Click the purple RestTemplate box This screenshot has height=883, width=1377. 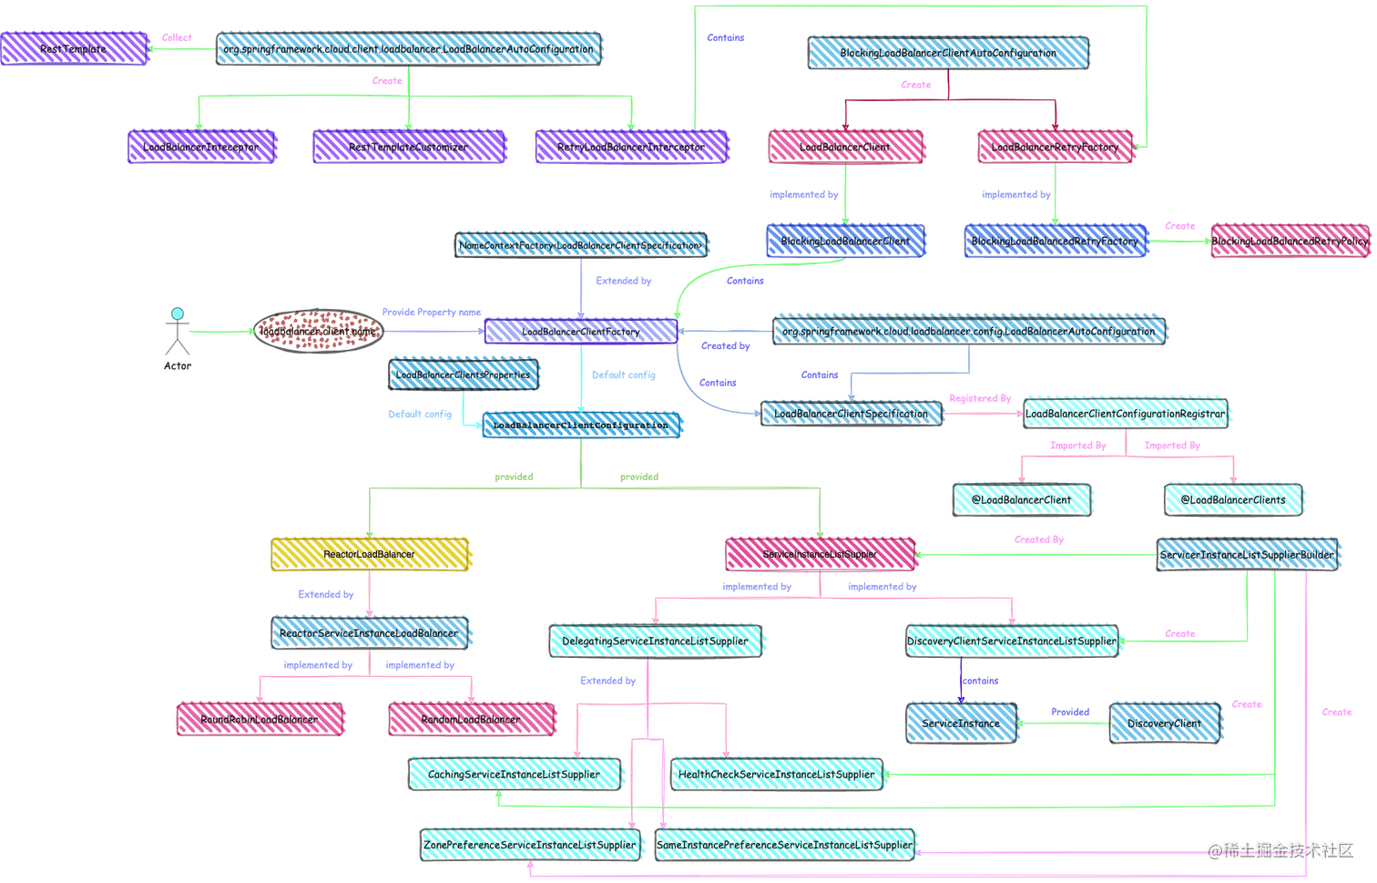(74, 49)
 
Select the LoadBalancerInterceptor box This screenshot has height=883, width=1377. (200, 147)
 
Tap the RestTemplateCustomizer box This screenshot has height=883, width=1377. (408, 147)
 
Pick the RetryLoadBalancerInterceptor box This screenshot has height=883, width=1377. (630, 147)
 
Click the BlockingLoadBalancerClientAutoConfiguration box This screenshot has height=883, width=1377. (948, 53)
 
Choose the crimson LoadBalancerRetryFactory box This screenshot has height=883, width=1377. (1055, 147)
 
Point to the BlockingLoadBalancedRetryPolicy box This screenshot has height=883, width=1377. (1289, 241)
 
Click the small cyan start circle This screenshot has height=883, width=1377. (178, 313)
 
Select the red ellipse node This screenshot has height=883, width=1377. (318, 332)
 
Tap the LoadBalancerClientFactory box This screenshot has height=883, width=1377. (580, 332)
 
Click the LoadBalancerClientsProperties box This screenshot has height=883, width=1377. (463, 375)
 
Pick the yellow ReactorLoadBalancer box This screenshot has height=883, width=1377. (370, 554)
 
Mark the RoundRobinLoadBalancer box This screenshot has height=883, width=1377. (260, 719)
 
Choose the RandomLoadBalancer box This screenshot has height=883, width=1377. (471, 719)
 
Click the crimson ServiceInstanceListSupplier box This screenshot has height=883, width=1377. (820, 554)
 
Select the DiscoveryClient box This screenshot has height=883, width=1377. (1165, 723)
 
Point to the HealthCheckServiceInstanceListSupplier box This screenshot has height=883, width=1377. (777, 775)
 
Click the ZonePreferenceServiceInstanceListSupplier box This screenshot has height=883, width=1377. (529, 845)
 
